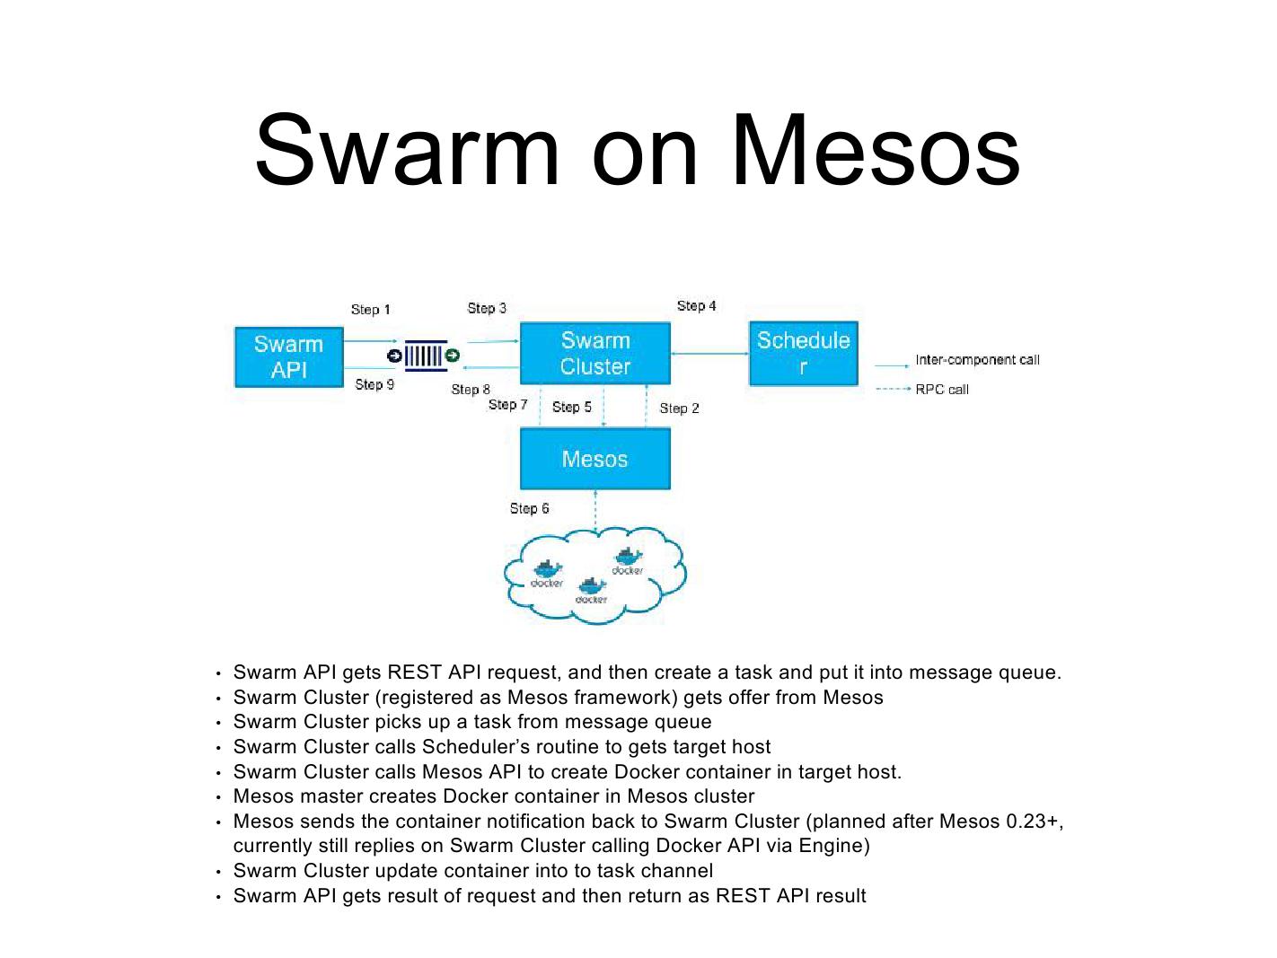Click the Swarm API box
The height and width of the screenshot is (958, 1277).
point(288,357)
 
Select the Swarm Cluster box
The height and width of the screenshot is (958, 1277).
point(594,354)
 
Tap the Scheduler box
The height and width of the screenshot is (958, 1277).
point(803,354)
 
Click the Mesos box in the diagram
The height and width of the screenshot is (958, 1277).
point(594,459)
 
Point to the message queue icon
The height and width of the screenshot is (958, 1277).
point(423,356)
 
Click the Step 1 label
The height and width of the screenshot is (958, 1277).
point(370,310)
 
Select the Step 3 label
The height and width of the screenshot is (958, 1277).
point(487,308)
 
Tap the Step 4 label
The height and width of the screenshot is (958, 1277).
point(696,306)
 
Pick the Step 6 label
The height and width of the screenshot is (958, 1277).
point(529,508)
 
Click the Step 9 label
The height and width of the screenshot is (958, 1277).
point(374,384)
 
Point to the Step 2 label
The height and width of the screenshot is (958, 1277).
point(679,409)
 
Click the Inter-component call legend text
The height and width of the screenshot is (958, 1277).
point(977,360)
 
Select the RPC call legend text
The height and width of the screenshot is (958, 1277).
point(942,390)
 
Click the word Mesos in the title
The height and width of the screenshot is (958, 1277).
point(876,150)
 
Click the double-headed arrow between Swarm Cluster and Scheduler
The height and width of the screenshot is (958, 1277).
point(709,354)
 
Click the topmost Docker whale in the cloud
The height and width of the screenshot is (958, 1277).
point(628,558)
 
